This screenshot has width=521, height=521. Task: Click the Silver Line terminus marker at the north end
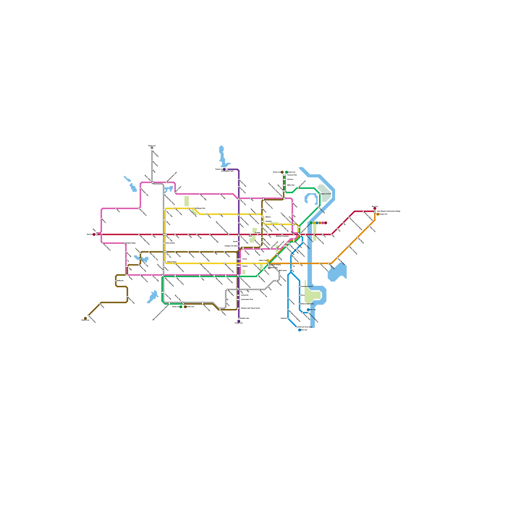152,148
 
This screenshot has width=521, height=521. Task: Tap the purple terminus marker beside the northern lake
224,169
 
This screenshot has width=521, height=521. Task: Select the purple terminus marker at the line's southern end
239,321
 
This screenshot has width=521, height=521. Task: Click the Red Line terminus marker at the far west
94,234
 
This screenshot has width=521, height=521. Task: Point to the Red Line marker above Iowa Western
375,208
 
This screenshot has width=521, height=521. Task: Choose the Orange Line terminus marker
378,214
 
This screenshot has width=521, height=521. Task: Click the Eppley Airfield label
326,194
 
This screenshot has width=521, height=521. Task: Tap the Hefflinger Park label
200,208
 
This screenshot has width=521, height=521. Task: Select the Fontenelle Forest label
307,287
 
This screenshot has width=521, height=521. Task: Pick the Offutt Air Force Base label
305,327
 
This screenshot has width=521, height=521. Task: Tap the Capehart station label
284,318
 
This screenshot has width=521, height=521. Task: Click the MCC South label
283,270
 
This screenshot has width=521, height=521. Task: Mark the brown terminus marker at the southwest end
85,318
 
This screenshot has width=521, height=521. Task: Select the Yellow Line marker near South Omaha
268,260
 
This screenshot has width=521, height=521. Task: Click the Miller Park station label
291,185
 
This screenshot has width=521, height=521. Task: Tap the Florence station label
290,179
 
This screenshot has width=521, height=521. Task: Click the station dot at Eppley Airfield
320,194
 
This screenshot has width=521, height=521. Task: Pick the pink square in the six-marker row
323,223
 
